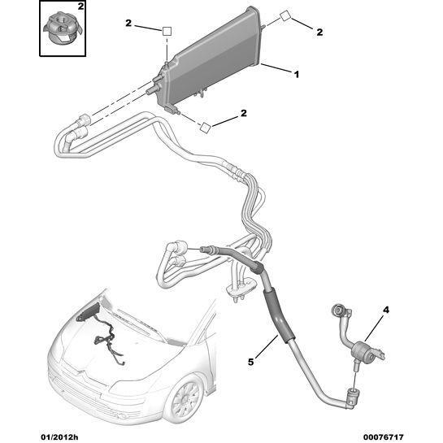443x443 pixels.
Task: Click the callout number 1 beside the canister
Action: point(297,75)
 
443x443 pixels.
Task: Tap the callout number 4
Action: point(386,310)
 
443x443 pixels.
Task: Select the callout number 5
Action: point(251,362)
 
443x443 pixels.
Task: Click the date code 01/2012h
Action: point(59,437)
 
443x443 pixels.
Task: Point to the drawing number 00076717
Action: point(383,437)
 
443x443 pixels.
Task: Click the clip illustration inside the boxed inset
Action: point(63,29)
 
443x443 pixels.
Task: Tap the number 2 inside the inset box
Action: point(80,7)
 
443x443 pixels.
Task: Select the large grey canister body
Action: point(212,57)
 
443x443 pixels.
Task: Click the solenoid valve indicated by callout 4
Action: point(363,351)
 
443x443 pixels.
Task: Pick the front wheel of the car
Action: point(186,401)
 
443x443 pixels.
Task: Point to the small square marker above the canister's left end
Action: point(167,31)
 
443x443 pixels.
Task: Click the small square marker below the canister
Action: point(205,127)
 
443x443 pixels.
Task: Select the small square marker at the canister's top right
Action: point(285,15)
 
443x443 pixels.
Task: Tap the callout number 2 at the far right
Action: point(319,32)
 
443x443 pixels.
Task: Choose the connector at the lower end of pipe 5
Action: point(353,399)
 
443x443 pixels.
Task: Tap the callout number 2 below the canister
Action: point(243,113)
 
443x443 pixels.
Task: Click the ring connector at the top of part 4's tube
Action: point(338,311)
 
